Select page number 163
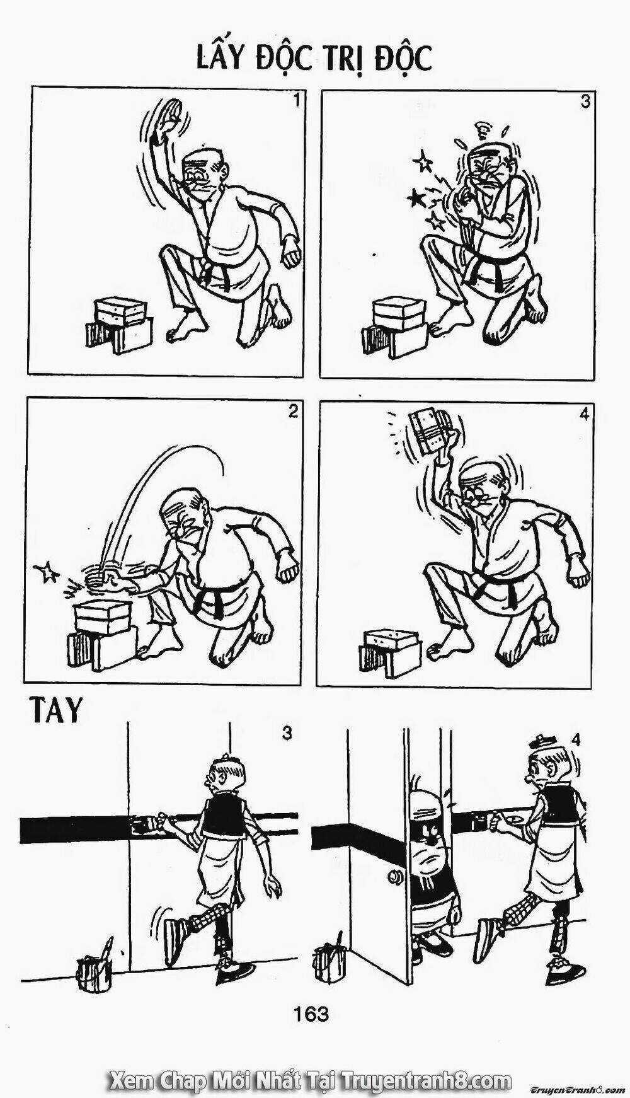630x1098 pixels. (x=311, y=1014)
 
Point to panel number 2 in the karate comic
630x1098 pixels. (x=292, y=412)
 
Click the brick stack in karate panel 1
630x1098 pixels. (x=119, y=323)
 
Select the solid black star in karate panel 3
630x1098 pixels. (x=416, y=200)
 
